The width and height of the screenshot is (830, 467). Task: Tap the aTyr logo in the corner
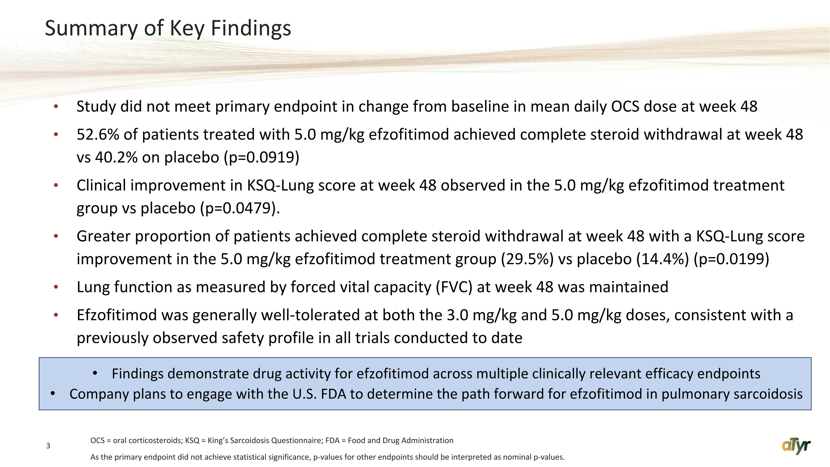point(796,446)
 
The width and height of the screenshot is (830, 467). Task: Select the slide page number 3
point(48,446)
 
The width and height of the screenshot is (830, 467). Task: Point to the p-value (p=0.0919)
point(262,158)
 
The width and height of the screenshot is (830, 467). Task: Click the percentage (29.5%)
point(527,259)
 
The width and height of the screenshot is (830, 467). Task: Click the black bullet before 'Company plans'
point(53,394)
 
